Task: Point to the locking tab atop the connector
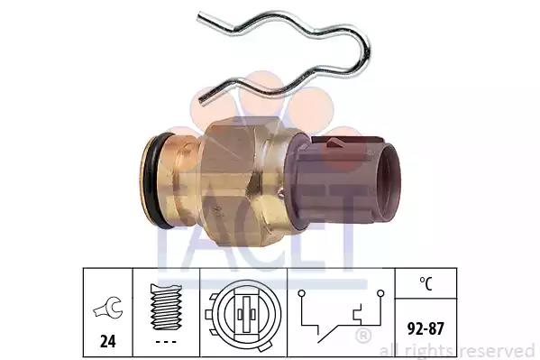pyautogui.click(x=347, y=141)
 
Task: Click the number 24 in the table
pyautogui.click(x=108, y=341)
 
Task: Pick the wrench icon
pyautogui.click(x=108, y=308)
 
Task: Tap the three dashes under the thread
pyautogui.click(x=166, y=342)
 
